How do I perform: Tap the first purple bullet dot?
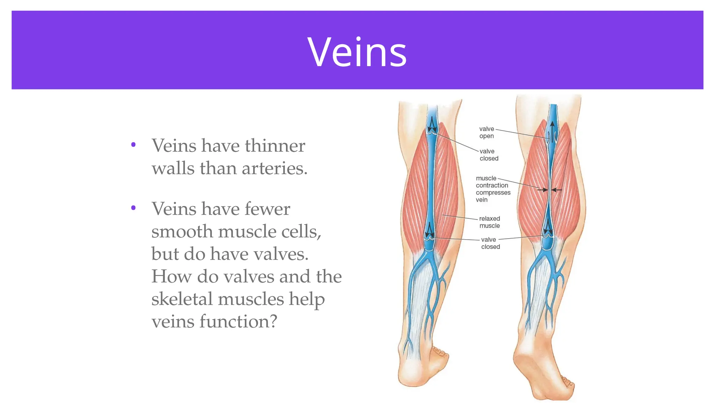coord(133,144)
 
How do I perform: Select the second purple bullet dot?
coord(133,208)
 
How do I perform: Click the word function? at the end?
coord(238,321)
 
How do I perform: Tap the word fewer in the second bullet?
coord(267,209)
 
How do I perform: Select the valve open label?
coord(487,132)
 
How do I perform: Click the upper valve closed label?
coord(489,155)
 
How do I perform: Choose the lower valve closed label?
coord(490,243)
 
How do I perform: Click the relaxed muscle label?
coord(489,222)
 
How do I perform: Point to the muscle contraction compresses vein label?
coord(493,189)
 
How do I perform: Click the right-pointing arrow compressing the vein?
coord(543,190)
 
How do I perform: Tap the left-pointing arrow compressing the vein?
coord(557,190)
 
